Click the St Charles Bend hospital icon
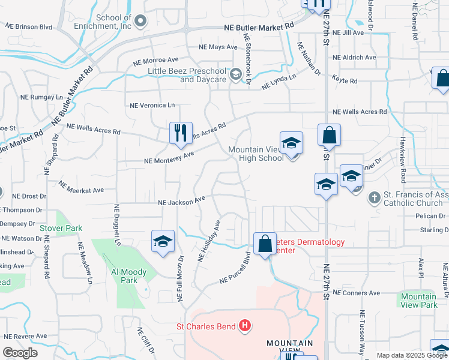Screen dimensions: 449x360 click(x=244, y=326)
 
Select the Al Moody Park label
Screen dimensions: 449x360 click(x=129, y=276)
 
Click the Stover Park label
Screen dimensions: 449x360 click(x=61, y=228)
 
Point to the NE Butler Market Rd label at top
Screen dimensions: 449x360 click(x=259, y=27)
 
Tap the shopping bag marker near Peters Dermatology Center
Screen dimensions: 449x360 click(x=265, y=244)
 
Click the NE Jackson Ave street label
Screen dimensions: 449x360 click(x=181, y=202)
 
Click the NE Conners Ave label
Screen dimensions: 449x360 click(x=357, y=293)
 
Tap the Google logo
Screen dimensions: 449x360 click(x=20, y=353)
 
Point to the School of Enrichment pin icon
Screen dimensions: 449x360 click(x=140, y=22)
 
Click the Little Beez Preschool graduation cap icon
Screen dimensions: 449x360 click(x=236, y=75)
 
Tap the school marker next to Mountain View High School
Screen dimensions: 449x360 click(x=291, y=143)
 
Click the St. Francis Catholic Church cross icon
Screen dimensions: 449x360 click(x=373, y=197)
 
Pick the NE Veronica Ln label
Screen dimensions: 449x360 click(x=152, y=105)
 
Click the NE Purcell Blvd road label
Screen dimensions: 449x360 click(x=235, y=268)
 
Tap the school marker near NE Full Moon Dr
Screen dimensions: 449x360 click(x=163, y=242)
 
